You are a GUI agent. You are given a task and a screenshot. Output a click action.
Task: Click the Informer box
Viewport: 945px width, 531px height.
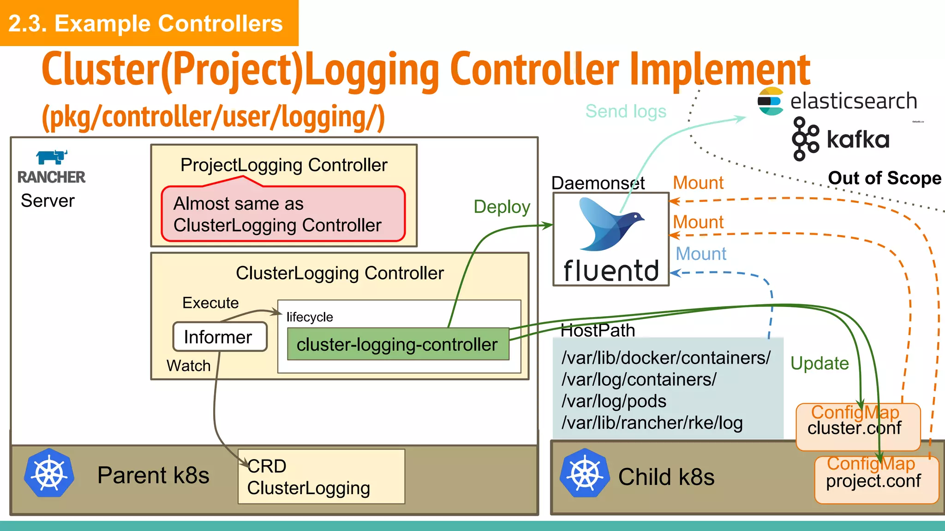pyautogui.click(x=220, y=337)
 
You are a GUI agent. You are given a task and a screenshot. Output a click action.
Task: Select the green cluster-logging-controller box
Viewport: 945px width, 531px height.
pyautogui.click(x=397, y=344)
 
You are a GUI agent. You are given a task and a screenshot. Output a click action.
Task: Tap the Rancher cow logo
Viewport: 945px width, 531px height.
pyautogui.click(x=52, y=157)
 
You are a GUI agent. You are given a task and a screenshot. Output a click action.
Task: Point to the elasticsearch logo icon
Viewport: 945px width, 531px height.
pyautogui.click(x=770, y=101)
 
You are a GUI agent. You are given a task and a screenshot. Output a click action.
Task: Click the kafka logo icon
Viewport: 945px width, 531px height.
pyautogui.click(x=805, y=139)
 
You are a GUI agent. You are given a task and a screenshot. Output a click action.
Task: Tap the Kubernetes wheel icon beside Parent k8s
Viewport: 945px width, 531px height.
pyautogui.click(x=49, y=473)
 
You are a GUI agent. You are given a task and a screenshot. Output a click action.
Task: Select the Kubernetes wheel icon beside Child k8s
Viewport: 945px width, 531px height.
pyautogui.click(x=585, y=473)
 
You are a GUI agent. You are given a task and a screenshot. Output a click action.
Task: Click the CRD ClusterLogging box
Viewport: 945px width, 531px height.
pyautogui.click(x=321, y=477)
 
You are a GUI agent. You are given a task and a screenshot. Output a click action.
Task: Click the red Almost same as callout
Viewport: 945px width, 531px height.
pyautogui.click(x=283, y=214)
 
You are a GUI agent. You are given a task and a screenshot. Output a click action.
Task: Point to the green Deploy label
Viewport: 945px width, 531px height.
pyautogui.click(x=502, y=207)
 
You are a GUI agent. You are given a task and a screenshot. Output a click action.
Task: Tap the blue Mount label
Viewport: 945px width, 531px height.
pyautogui.click(x=700, y=254)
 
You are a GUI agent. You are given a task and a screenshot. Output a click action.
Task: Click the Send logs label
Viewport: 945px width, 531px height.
pyautogui.click(x=626, y=112)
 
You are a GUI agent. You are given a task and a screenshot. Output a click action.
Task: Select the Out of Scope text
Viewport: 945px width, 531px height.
pyautogui.click(x=884, y=178)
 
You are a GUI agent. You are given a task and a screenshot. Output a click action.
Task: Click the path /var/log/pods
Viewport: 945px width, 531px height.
pyautogui.click(x=614, y=401)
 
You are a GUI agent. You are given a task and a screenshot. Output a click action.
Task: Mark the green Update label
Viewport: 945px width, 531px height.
pyautogui.click(x=819, y=364)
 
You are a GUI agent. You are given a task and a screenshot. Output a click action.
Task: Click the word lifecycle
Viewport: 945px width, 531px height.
pyautogui.click(x=309, y=317)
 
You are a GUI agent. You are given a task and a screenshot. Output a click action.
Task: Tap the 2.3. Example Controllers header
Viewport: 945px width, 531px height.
pyautogui.click(x=146, y=24)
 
